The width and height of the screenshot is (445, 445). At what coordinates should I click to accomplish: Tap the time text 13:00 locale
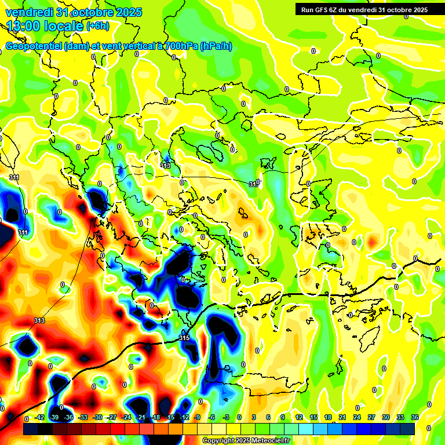(45, 26)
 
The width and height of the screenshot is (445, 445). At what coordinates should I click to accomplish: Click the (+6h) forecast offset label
(97, 26)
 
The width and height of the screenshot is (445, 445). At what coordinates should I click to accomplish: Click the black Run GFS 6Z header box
(364, 9)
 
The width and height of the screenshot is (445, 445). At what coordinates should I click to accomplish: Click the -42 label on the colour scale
(39, 417)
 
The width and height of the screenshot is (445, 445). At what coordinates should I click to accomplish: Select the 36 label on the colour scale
(414, 417)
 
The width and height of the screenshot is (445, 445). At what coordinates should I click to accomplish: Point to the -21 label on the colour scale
(141, 417)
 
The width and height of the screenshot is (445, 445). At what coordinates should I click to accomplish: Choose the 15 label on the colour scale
(313, 417)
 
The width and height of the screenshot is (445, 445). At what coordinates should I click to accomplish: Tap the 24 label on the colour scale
(356, 417)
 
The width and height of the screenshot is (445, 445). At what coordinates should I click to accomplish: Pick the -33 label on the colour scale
(83, 417)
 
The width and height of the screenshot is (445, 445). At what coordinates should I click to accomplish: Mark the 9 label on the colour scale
(283, 417)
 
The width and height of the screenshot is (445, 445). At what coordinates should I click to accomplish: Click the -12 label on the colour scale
(184, 417)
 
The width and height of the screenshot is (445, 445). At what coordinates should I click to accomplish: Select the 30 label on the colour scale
(385, 417)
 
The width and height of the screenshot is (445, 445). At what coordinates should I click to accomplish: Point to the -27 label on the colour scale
(112, 417)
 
